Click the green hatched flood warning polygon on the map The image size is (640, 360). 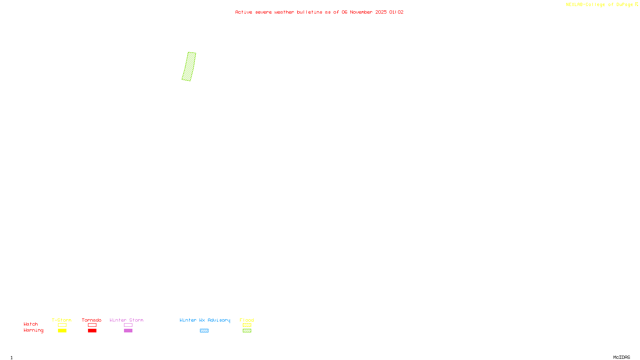[x=189, y=67]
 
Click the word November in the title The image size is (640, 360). [x=361, y=12]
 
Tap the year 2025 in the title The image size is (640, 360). [x=381, y=12]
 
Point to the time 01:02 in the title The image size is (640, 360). [x=396, y=12]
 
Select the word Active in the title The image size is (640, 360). [x=244, y=12]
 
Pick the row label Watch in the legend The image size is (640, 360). [x=31, y=324]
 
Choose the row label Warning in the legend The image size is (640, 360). [x=33, y=330]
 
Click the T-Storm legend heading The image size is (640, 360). [x=62, y=320]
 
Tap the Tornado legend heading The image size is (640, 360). [x=92, y=320]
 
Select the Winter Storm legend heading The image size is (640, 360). [x=126, y=320]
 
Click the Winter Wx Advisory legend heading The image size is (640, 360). [x=205, y=320]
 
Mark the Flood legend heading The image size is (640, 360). [x=247, y=320]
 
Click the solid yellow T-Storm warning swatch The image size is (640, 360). [x=62, y=331]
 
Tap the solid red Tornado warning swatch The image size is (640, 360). [x=92, y=331]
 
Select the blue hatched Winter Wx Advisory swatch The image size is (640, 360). [x=204, y=331]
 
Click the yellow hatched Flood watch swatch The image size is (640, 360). [x=247, y=325]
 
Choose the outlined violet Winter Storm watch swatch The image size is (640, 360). [x=128, y=325]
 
